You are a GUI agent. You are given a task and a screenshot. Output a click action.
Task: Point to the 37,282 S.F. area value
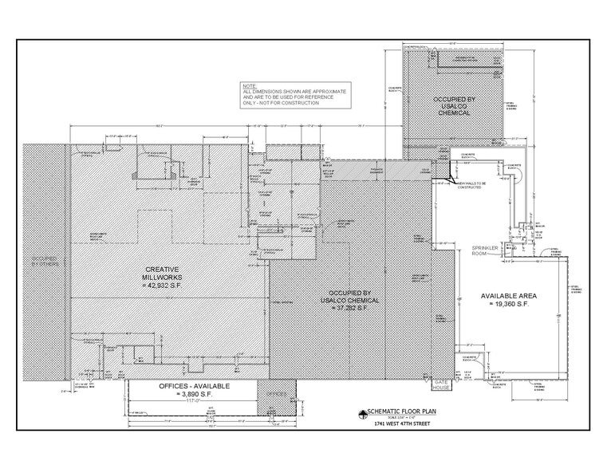pyautogui.click(x=346, y=308)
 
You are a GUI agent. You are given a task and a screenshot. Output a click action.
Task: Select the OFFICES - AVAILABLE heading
pyautogui.click(x=186, y=386)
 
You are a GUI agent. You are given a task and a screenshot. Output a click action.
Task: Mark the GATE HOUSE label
pyautogui.click(x=441, y=387)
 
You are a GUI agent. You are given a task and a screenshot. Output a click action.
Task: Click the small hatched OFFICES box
pyautogui.click(x=275, y=394)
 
